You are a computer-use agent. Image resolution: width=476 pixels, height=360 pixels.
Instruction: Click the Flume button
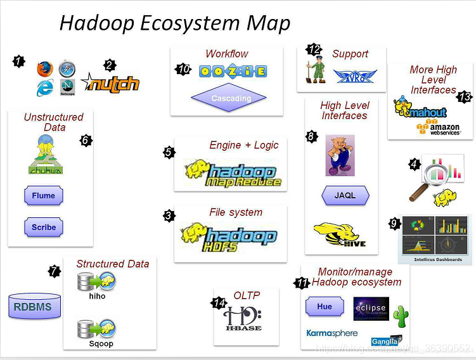[x=44, y=195]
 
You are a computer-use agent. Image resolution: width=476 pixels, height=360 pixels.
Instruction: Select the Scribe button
[x=44, y=227]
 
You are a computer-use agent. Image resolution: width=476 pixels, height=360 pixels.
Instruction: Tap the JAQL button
[x=345, y=195]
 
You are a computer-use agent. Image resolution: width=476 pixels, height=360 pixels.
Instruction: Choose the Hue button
[x=324, y=307]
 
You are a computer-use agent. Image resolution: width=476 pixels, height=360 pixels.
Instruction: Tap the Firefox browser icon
[x=44, y=68]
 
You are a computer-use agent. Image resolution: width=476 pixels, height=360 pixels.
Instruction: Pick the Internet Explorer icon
[x=44, y=88]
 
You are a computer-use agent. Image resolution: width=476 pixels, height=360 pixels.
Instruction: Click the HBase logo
[x=243, y=318]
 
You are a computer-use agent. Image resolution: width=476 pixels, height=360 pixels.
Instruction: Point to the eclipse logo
[x=370, y=309]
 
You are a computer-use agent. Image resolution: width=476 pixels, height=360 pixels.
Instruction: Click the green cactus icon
[x=401, y=314]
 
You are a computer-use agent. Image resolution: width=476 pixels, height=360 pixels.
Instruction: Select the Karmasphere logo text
[x=331, y=333]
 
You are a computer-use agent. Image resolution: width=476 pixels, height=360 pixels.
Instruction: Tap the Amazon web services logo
[x=437, y=127]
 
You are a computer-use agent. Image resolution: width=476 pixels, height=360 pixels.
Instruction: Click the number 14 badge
[x=219, y=303]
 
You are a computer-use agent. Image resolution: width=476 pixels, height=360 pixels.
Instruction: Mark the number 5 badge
[x=169, y=152]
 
